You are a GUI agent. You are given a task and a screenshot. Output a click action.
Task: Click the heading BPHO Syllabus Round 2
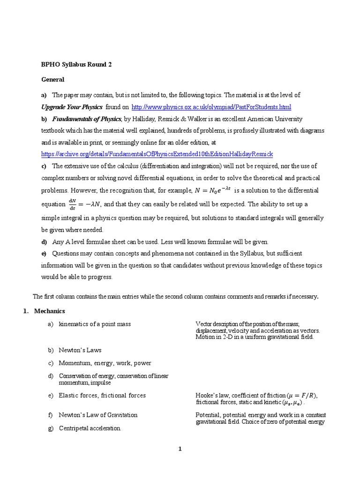pyautogui.click(x=76, y=65)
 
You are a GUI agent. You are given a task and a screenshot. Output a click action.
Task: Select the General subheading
pyautogui.click(x=52, y=80)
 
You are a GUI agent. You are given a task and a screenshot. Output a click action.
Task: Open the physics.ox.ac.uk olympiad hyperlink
pyautogui.click(x=211, y=107)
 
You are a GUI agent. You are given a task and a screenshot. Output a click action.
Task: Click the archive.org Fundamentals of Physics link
pyautogui.click(x=157, y=154)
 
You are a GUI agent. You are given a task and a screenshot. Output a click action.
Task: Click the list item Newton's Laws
pyautogui.click(x=80, y=350)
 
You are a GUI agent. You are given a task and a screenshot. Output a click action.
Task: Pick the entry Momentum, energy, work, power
pyautogui.click(x=105, y=363)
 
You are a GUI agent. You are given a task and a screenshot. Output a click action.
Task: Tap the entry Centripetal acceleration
pyautogui.click(x=90, y=428)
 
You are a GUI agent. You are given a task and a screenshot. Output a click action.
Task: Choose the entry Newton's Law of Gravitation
pyautogui.click(x=98, y=415)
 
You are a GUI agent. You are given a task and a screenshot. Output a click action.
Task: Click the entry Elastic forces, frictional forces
pyautogui.click(x=102, y=396)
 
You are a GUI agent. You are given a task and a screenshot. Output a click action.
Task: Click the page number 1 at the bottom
pyautogui.click(x=180, y=449)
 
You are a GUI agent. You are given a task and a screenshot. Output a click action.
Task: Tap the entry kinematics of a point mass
pyautogui.click(x=95, y=324)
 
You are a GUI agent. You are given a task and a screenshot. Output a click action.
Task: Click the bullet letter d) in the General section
pyautogui.click(x=44, y=242)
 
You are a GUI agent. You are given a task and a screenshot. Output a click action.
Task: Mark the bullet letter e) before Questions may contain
pyautogui.click(x=44, y=254)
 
